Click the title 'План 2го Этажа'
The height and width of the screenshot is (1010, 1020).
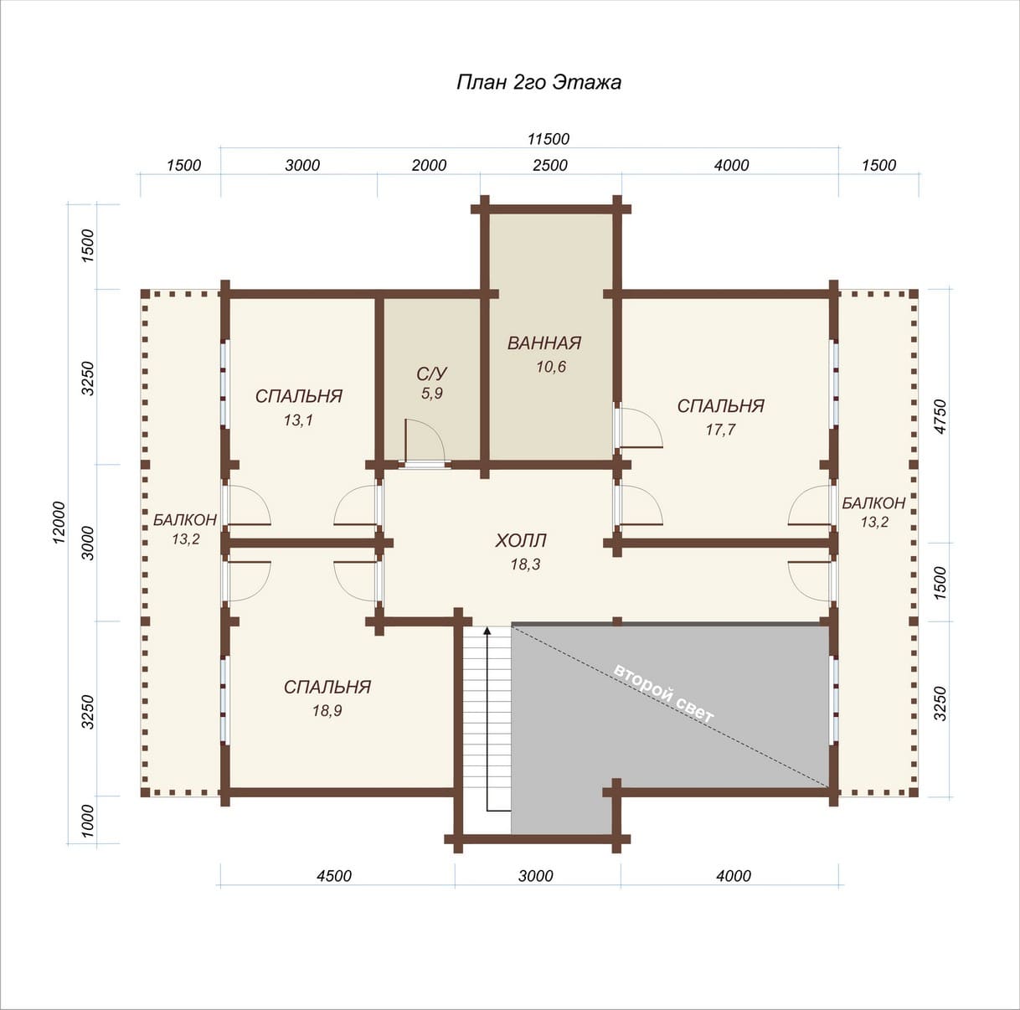click(538, 83)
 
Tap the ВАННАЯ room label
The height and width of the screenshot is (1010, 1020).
click(544, 343)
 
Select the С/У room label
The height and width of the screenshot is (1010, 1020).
click(431, 374)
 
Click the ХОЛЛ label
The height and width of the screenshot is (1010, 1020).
click(520, 541)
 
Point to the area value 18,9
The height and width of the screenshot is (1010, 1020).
click(327, 710)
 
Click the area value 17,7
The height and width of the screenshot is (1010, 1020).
click(720, 430)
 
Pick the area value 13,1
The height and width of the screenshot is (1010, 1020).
click(298, 420)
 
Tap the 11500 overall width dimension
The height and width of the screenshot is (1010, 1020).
click(549, 139)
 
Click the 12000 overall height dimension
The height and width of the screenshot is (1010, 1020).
click(59, 523)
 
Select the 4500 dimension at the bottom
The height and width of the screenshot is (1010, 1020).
click(334, 875)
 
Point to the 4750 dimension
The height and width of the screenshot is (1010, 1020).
click(940, 416)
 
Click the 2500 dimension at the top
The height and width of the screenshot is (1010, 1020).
click(550, 165)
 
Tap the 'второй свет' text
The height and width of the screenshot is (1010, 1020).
click(664, 693)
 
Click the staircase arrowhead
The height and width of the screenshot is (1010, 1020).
click(487, 631)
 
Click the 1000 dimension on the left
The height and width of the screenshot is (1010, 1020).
click(88, 821)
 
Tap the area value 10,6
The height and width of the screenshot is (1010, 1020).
click(551, 366)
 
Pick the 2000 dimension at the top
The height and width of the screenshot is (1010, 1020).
click(429, 165)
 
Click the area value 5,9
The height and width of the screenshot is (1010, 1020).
click(432, 394)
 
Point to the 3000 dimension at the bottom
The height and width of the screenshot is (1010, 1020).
click(536, 875)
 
